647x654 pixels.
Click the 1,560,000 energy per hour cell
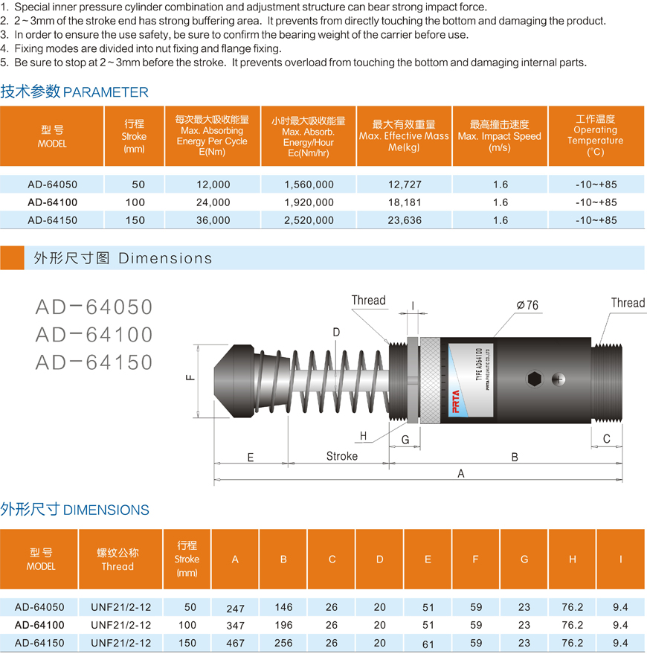point(309,185)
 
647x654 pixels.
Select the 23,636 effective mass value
point(405,220)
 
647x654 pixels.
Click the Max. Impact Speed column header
point(500,136)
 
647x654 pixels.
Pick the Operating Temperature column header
point(595,135)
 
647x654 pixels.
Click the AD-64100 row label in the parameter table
point(52,202)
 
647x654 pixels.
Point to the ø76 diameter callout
point(527,305)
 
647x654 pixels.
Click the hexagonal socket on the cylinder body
point(534,379)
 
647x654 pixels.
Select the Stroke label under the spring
point(341,456)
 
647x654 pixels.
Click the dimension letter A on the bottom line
point(461,474)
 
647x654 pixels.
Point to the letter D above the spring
point(336,333)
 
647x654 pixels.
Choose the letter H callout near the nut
point(363,436)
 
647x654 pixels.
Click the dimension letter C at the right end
point(607,439)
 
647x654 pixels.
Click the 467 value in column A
point(235,643)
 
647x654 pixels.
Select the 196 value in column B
point(283,626)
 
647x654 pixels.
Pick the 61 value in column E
point(428,643)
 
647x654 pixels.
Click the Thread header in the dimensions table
point(118,560)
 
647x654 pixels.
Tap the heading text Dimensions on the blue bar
point(165,258)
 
